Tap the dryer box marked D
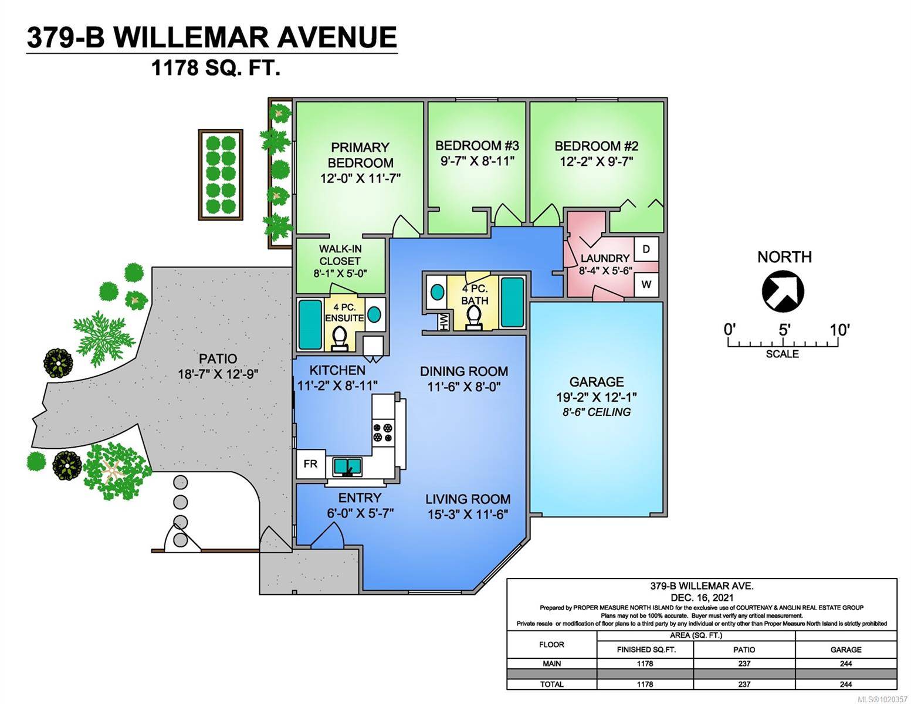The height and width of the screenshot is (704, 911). (646, 249)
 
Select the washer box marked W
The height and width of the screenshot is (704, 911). (646, 285)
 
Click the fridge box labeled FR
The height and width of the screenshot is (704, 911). (310, 464)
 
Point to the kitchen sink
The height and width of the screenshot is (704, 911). (347, 466)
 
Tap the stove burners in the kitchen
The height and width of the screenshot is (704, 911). (384, 432)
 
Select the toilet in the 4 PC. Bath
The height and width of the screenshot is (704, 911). (473, 317)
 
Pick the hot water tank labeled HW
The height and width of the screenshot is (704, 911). (443, 321)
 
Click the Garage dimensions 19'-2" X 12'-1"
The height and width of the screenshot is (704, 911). (596, 397)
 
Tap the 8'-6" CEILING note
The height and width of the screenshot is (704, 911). (596, 412)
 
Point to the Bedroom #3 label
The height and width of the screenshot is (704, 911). (477, 145)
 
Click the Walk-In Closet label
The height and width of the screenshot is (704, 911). (340, 255)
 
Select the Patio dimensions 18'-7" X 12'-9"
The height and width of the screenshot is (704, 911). (218, 374)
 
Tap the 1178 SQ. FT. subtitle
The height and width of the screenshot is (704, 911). (215, 69)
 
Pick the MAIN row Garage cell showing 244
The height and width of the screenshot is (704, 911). (845, 664)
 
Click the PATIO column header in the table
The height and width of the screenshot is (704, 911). (744, 649)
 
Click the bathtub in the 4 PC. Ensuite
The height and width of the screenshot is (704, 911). (310, 324)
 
